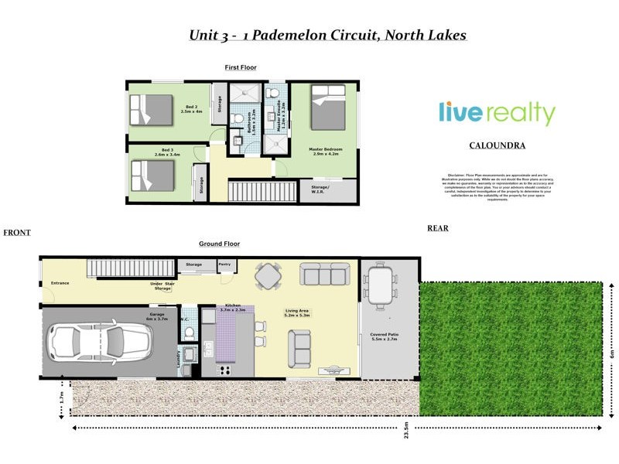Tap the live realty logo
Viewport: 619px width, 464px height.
pos(497,113)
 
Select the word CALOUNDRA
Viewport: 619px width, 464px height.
pos(497,145)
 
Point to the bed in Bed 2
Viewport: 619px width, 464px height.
pos(151,109)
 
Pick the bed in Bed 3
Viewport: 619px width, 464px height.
pos(151,176)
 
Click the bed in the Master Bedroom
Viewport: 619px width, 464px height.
pos(328,106)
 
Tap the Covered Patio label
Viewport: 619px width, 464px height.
pos(385,337)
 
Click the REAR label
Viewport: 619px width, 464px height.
pos(437,228)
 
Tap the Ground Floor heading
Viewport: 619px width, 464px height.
pos(219,244)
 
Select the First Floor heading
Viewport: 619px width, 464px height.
pos(241,68)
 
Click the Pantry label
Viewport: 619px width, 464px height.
pos(225,264)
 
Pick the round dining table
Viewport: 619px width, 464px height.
pos(268,276)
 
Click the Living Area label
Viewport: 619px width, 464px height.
pos(298,312)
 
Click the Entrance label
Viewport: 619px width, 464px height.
pos(60,283)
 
